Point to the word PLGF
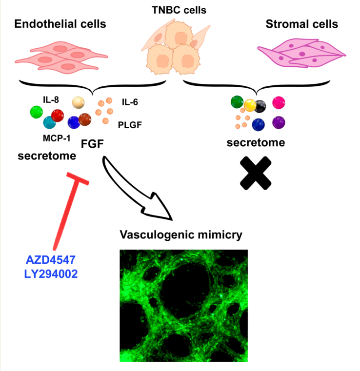[130, 125]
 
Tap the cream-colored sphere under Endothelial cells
[79, 102]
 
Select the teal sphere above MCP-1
[49, 123]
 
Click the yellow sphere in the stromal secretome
[250, 104]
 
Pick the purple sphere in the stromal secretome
[279, 122]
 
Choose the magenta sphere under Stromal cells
[279, 102]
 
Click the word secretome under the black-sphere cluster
[256, 143]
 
